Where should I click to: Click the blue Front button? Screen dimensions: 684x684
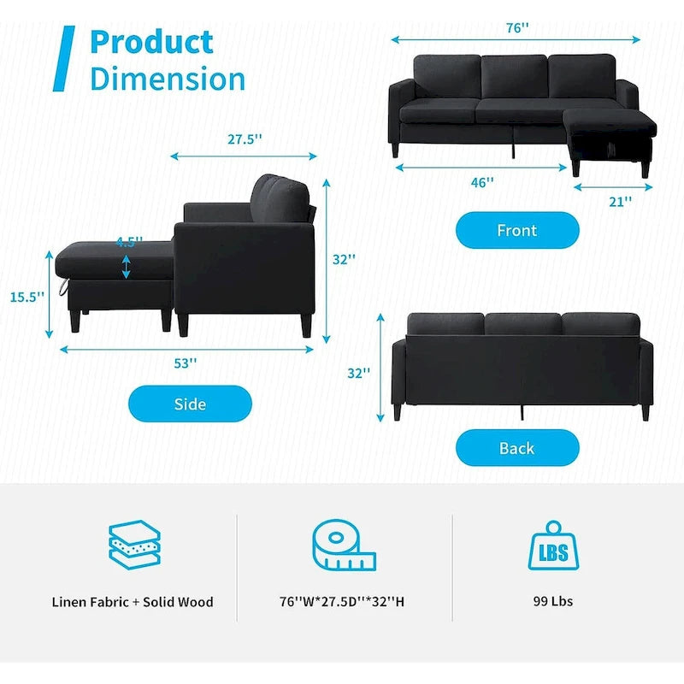click(x=517, y=230)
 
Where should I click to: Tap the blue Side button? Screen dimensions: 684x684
click(x=190, y=404)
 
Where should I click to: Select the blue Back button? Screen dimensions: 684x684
click(x=517, y=448)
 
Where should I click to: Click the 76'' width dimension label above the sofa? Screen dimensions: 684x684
click(x=516, y=27)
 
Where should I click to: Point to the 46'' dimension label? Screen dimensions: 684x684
click(x=481, y=182)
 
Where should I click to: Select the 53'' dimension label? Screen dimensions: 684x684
click(x=186, y=363)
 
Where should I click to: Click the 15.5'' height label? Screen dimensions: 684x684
click(x=27, y=298)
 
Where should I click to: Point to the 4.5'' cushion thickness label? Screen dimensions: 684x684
click(x=127, y=242)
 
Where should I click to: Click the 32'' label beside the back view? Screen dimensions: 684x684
click(x=360, y=373)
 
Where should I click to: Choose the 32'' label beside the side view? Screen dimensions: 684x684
click(x=344, y=259)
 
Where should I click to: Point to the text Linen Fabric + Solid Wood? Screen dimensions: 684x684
click(x=133, y=602)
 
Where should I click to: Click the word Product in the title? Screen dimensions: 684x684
click(x=151, y=41)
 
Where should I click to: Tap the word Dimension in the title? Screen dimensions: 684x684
click(x=168, y=79)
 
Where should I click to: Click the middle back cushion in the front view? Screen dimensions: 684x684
click(x=513, y=77)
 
